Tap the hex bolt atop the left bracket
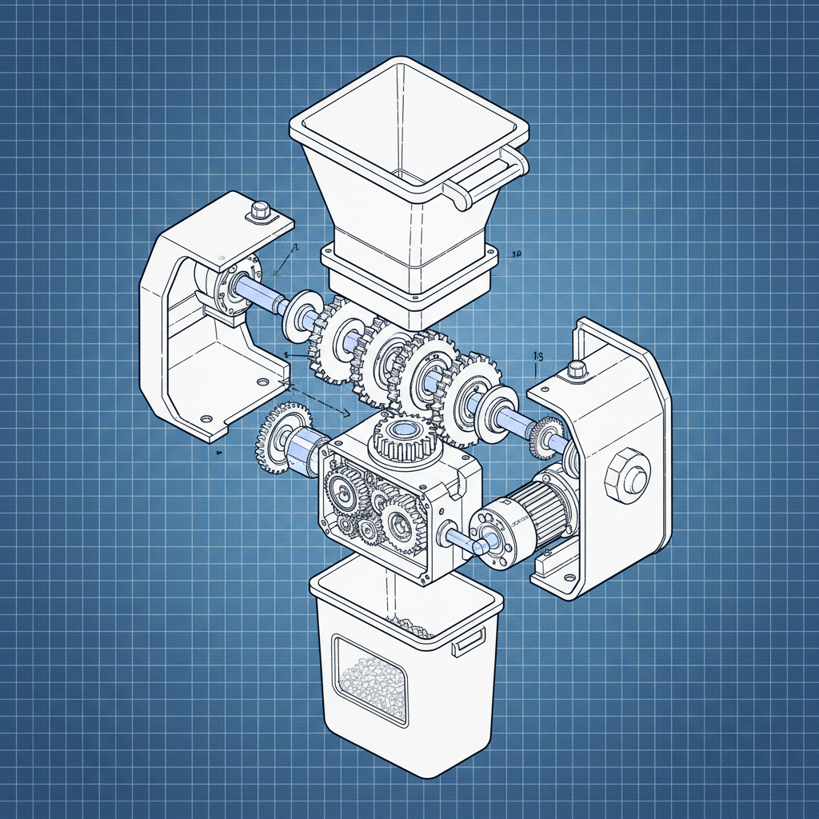(260, 211)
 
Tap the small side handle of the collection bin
(468, 641)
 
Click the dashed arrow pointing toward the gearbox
(320, 401)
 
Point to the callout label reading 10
(516, 254)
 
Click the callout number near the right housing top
(537, 356)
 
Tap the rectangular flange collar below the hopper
(408, 276)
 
